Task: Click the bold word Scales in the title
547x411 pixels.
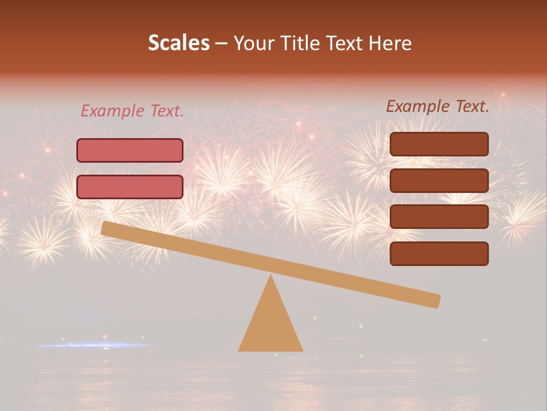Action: (x=178, y=43)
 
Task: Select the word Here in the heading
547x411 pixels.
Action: (x=390, y=43)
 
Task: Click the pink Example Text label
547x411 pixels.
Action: (x=132, y=111)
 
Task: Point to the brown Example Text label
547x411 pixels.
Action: (x=438, y=106)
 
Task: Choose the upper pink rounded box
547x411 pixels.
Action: (x=130, y=151)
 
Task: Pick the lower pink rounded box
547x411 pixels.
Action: (x=130, y=187)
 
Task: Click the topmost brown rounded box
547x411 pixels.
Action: (x=439, y=144)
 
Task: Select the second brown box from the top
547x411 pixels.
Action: (x=439, y=180)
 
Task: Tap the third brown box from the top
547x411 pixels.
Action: (x=439, y=217)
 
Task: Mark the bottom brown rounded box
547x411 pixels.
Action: (x=439, y=253)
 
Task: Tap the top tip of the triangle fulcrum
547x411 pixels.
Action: (x=271, y=277)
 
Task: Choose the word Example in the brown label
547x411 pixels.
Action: (x=418, y=106)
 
